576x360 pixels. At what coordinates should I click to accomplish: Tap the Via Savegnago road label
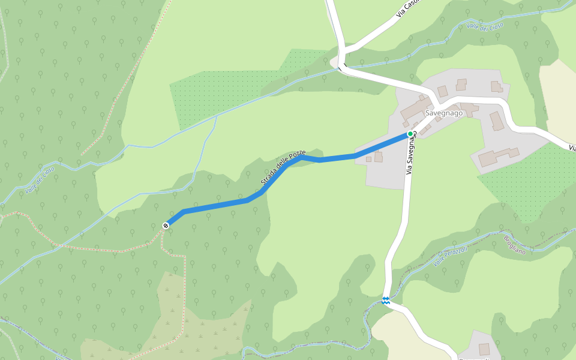coord(411,155)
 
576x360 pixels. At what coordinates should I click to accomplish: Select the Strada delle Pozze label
coord(283,167)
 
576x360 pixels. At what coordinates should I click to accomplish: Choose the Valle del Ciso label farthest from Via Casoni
coord(40,179)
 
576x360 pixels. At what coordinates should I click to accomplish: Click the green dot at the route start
coord(410,134)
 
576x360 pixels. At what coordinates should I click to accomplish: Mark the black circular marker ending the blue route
coord(166,226)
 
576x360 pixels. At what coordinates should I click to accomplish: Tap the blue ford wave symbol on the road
coord(385,301)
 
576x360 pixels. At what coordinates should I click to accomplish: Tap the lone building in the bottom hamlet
coord(484,349)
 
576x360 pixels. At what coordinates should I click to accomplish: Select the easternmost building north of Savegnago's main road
coord(496,86)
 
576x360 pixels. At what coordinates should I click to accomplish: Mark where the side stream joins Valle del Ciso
coord(217,116)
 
